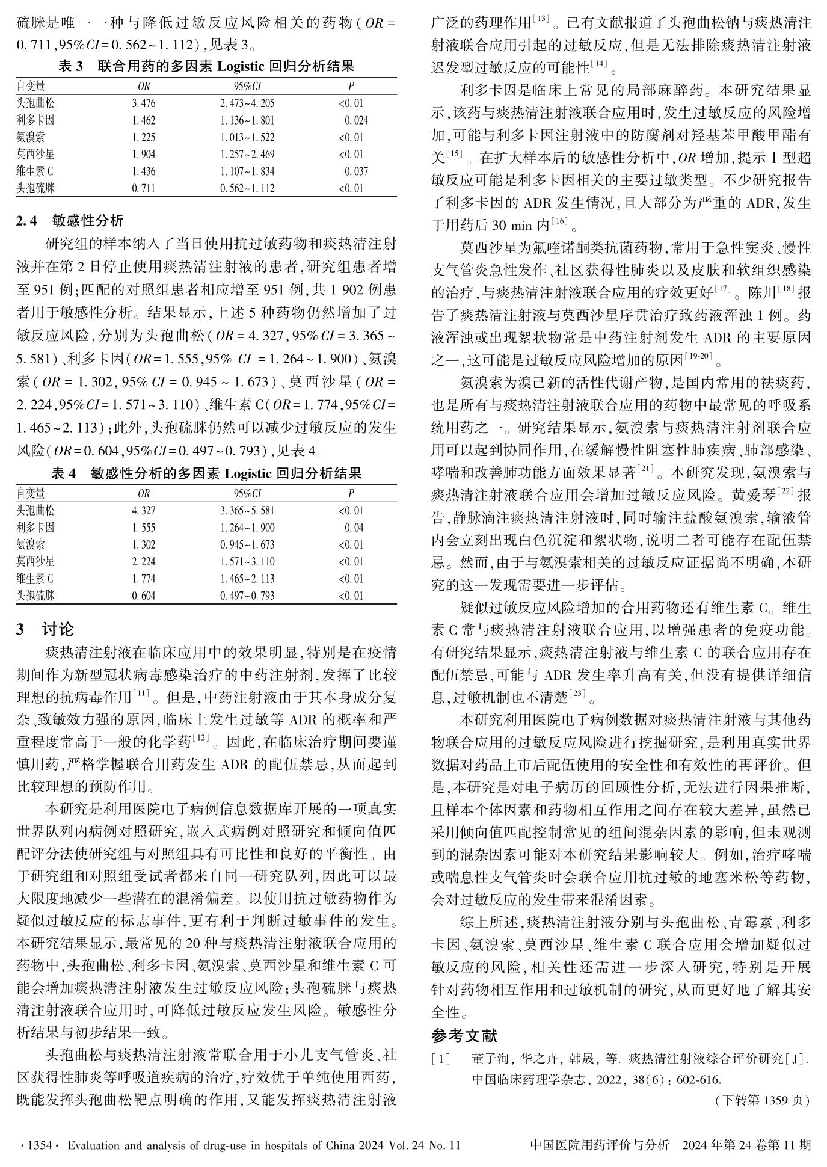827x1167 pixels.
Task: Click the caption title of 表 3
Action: tap(206, 66)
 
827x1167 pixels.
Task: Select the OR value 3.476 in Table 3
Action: tap(143, 103)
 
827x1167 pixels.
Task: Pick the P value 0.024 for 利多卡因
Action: tap(356, 120)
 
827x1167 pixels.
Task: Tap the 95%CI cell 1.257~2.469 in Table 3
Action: tap(247, 155)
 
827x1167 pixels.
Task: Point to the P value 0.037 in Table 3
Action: tap(356, 171)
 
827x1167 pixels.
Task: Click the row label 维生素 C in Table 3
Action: tap(35, 171)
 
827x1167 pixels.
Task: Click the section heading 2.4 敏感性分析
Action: tap(70, 221)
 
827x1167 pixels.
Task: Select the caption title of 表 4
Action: tap(206, 473)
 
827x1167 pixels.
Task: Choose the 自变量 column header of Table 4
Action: tap(31, 494)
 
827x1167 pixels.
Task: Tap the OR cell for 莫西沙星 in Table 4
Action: tap(143, 562)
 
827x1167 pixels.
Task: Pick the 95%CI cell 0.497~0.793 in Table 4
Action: tap(247, 596)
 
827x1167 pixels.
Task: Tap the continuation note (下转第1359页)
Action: tap(762, 1100)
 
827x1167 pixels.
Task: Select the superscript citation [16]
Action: tap(559, 222)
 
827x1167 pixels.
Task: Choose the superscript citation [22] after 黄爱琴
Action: tap(786, 491)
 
